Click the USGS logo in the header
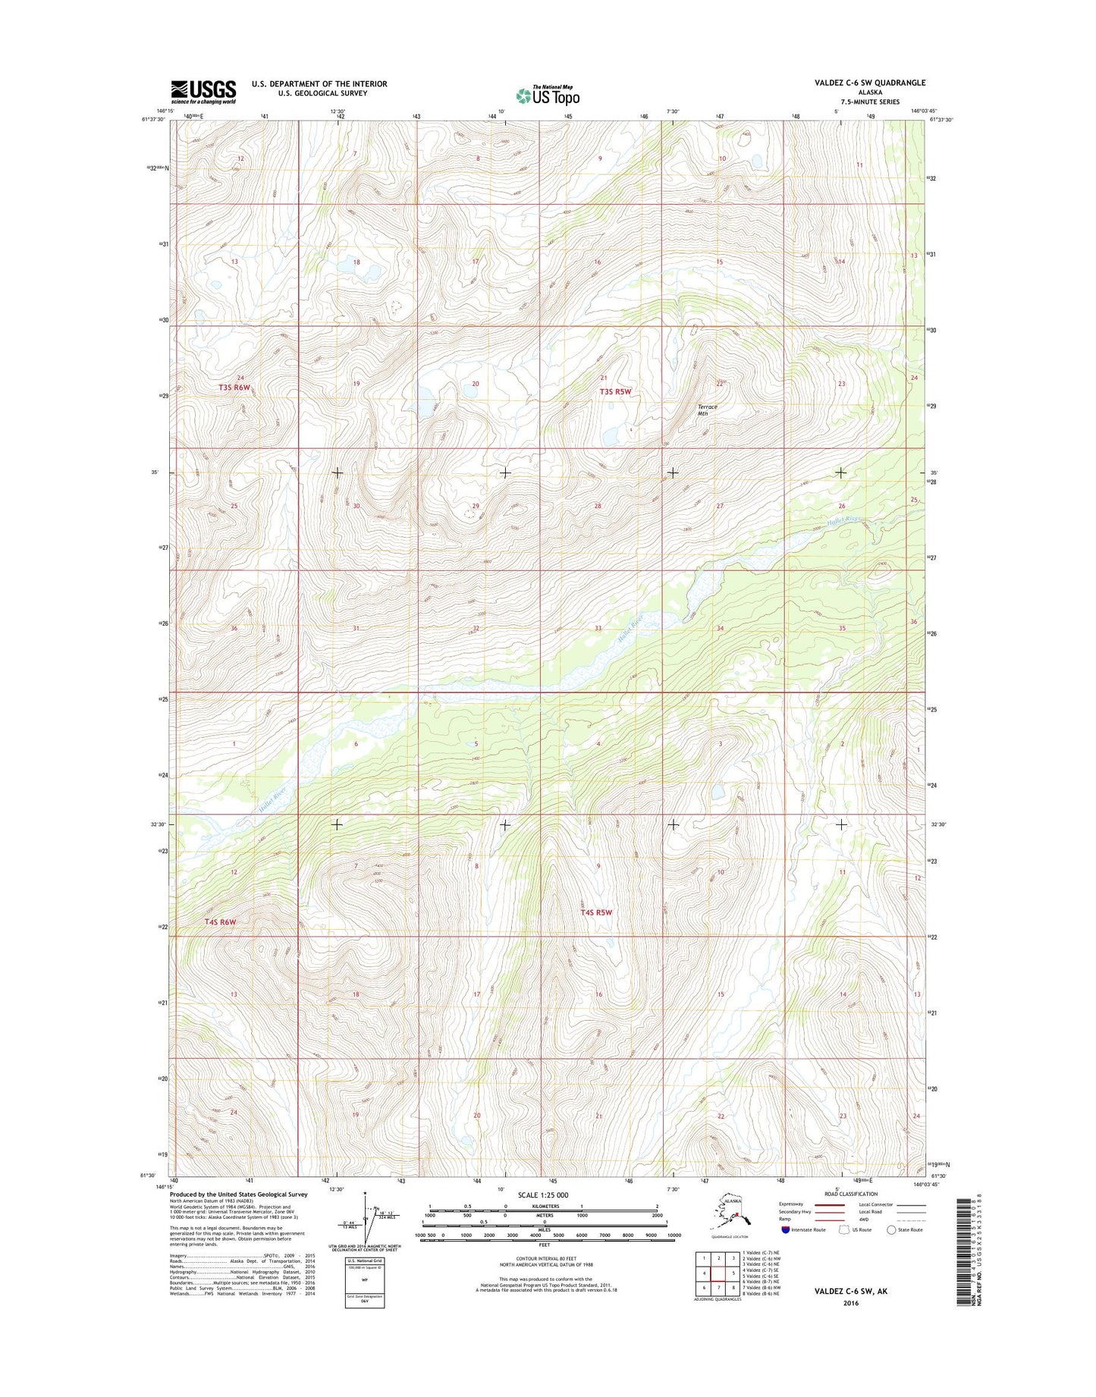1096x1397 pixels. (203, 92)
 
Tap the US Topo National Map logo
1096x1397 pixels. (548, 95)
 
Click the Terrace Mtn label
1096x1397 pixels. (707, 410)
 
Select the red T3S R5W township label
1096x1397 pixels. (615, 391)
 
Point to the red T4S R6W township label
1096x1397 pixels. (220, 921)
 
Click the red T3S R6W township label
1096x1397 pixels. (234, 387)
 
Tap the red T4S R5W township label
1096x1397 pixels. (596, 912)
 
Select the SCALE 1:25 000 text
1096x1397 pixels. (542, 1195)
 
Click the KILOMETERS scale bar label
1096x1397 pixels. (543, 1206)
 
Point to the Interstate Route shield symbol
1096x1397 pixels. (786, 1229)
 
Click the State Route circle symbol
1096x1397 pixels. (890, 1229)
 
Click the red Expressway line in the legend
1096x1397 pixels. (829, 1204)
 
